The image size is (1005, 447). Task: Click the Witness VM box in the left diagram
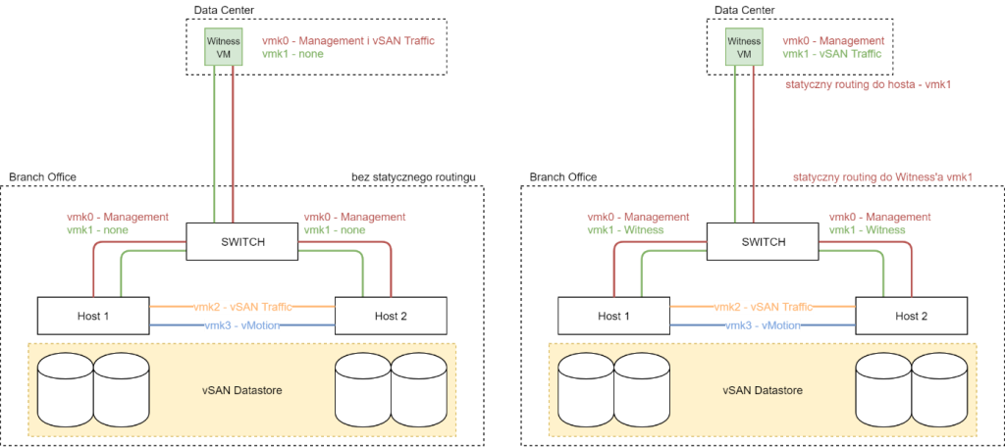(x=224, y=47)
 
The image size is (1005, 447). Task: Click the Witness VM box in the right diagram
(x=744, y=47)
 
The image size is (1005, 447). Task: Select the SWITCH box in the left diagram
(x=241, y=241)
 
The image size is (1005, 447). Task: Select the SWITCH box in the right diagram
(x=763, y=241)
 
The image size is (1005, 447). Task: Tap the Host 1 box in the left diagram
(x=92, y=316)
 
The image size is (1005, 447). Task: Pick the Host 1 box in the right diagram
(x=612, y=316)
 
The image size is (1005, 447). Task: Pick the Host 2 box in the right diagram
(x=911, y=316)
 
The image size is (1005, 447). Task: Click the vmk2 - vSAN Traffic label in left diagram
(x=243, y=307)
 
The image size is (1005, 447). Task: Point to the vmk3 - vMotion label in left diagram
(x=242, y=324)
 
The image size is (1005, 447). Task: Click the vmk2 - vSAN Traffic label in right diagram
(x=764, y=307)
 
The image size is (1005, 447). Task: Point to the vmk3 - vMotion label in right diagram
(x=763, y=324)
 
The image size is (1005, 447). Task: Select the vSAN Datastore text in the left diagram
(x=241, y=390)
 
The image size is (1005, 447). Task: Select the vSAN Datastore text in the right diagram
(x=762, y=390)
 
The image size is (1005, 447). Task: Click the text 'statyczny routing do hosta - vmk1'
(x=869, y=85)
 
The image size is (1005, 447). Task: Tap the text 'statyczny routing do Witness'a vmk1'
(x=882, y=177)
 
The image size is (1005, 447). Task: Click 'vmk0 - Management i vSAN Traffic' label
(x=347, y=41)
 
